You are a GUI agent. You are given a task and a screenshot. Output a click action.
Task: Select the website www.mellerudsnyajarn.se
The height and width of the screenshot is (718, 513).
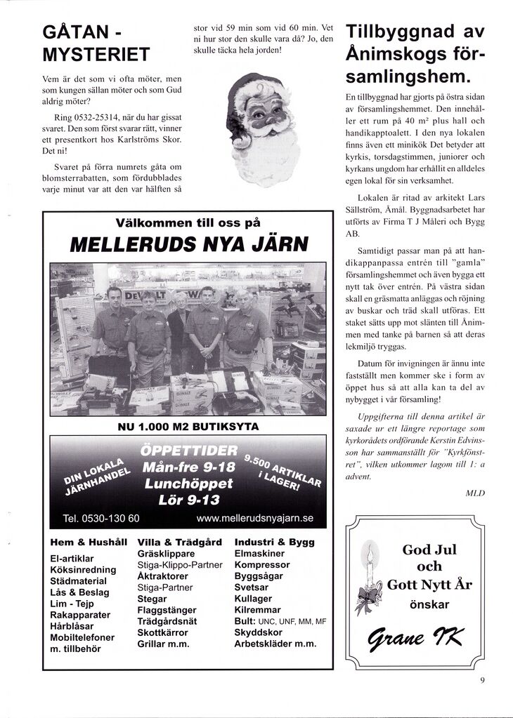tap(255, 519)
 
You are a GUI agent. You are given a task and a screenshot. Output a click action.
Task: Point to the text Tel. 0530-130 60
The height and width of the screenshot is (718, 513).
tap(100, 519)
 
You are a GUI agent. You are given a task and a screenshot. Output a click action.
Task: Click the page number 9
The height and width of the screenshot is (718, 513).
tap(483, 679)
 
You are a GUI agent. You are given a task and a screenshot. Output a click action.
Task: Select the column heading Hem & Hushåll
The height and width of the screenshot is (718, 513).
tap(89, 543)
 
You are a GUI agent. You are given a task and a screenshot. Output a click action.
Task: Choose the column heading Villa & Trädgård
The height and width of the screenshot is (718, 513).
tap(180, 543)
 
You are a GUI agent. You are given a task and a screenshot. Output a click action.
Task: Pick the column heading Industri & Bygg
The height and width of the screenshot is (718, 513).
tap(275, 543)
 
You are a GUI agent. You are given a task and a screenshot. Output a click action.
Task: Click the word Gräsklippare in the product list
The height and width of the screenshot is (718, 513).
tap(167, 553)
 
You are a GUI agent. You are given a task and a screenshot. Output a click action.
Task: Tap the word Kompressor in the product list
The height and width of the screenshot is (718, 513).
tap(262, 564)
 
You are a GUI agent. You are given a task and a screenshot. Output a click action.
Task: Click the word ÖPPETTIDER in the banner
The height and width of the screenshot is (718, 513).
tap(189, 450)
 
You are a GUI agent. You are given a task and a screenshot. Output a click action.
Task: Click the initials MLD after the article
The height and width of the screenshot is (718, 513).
tap(475, 493)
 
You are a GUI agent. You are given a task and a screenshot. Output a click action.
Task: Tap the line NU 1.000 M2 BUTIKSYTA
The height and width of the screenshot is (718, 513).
tap(188, 426)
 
